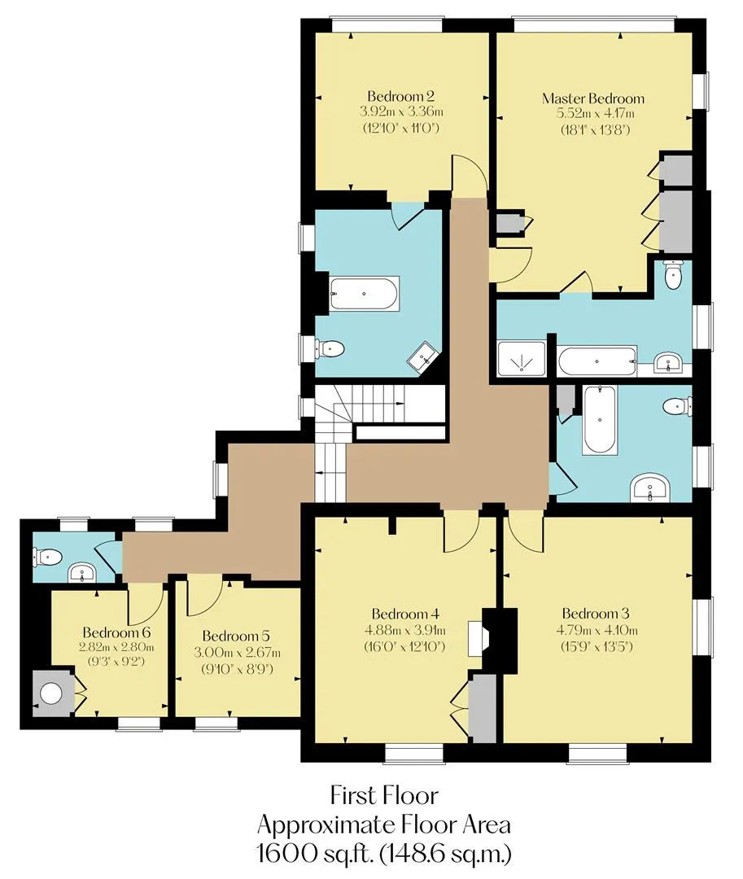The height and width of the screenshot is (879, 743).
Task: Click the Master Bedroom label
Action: pyautogui.click(x=592, y=98)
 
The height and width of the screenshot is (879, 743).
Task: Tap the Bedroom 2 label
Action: pyautogui.click(x=400, y=96)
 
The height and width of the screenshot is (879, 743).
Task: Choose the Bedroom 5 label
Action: pyautogui.click(x=236, y=636)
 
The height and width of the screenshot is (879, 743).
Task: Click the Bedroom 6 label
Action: pyautogui.click(x=116, y=632)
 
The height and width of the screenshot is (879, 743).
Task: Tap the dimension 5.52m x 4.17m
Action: pyautogui.click(x=595, y=114)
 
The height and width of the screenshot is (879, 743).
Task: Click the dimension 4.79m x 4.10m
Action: pyautogui.click(x=597, y=630)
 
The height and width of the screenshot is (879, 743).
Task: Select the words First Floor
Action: pyautogui.click(x=384, y=795)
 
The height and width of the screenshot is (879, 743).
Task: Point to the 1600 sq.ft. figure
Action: pyautogui.click(x=315, y=855)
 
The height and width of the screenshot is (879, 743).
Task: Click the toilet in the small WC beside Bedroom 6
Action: pyautogui.click(x=47, y=557)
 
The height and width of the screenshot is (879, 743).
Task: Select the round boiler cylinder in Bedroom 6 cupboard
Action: pyautogui.click(x=51, y=693)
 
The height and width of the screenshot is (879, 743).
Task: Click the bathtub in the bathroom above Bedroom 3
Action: pyautogui.click(x=600, y=420)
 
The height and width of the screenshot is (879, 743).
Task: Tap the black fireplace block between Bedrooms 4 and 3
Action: pyautogui.click(x=500, y=639)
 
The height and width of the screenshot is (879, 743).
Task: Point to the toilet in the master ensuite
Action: pyautogui.click(x=671, y=274)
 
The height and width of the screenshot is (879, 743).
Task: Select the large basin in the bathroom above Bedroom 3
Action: pyautogui.click(x=649, y=488)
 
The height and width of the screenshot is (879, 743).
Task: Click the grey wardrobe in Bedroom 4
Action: pyautogui.click(x=482, y=708)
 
